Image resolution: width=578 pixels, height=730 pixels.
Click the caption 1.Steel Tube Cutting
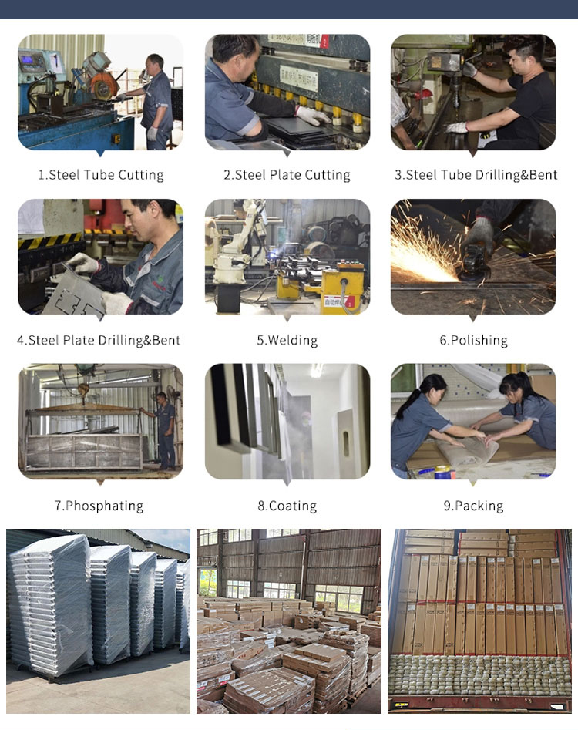coord(101,175)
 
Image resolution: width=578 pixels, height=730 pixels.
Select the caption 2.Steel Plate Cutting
coord(287,175)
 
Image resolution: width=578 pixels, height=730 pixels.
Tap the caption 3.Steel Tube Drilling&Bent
coord(476,175)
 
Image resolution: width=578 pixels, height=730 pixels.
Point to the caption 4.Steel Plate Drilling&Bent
coord(99,340)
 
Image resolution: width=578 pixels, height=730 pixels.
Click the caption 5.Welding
coord(287,340)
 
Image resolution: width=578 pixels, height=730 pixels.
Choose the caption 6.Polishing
coord(473,340)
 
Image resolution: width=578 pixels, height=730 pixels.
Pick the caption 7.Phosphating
coord(99,506)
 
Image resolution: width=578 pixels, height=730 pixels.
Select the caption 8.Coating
coord(287,506)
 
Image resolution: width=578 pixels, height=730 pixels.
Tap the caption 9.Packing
coord(473,506)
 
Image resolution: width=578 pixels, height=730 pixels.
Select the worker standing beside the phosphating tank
coord(164,428)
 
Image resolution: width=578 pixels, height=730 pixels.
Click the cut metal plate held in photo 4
coord(73,297)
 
